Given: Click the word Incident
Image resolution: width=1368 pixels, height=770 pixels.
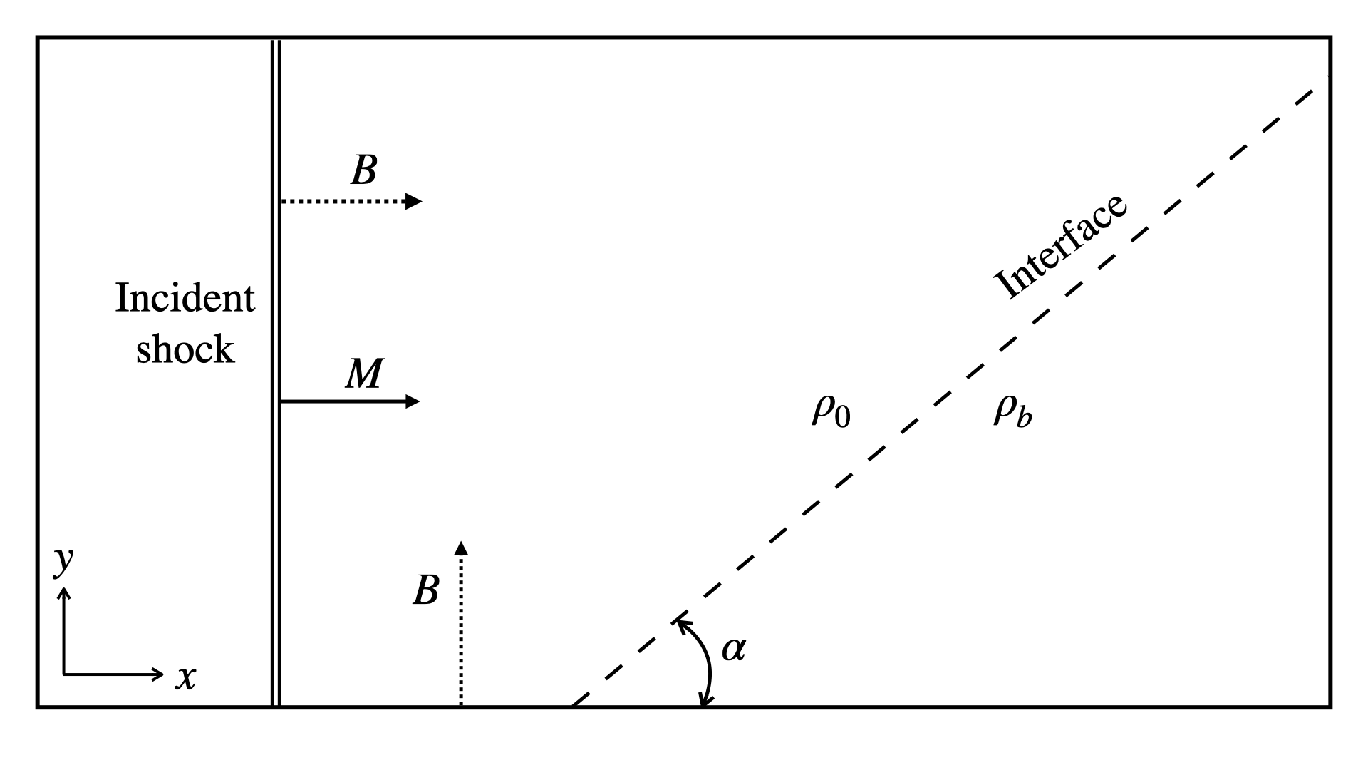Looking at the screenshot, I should tap(185, 298).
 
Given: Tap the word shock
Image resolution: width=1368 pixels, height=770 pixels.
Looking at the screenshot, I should tap(185, 349).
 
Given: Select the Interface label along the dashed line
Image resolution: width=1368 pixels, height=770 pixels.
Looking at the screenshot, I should tap(1062, 246).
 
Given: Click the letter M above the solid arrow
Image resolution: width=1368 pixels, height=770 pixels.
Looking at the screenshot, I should tap(364, 374).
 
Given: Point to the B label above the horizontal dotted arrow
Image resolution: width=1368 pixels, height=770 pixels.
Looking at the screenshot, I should tap(363, 171).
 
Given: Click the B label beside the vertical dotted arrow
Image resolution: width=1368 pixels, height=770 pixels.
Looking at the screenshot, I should tap(425, 590).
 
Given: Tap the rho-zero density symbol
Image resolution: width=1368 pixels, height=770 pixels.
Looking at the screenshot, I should tap(831, 411).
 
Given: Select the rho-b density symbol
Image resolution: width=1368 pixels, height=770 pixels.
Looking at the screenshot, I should tap(1012, 411).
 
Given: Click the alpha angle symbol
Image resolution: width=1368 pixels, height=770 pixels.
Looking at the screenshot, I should tap(734, 649).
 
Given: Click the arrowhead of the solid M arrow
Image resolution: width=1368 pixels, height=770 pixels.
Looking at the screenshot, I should tap(413, 401).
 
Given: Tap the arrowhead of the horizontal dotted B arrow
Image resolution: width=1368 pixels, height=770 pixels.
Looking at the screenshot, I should tap(413, 202).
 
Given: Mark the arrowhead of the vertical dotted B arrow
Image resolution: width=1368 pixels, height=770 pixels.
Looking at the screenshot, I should tap(461, 548).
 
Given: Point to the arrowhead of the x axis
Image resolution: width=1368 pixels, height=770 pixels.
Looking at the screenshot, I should tap(158, 674).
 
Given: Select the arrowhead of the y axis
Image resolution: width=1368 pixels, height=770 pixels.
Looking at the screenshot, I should tap(64, 593).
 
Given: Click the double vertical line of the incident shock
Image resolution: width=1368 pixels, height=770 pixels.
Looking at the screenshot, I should tap(276, 371).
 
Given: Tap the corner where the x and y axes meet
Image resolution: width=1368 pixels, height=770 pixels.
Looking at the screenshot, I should tap(64, 674).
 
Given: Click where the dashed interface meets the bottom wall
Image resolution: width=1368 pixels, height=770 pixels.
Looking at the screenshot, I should tap(571, 706).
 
